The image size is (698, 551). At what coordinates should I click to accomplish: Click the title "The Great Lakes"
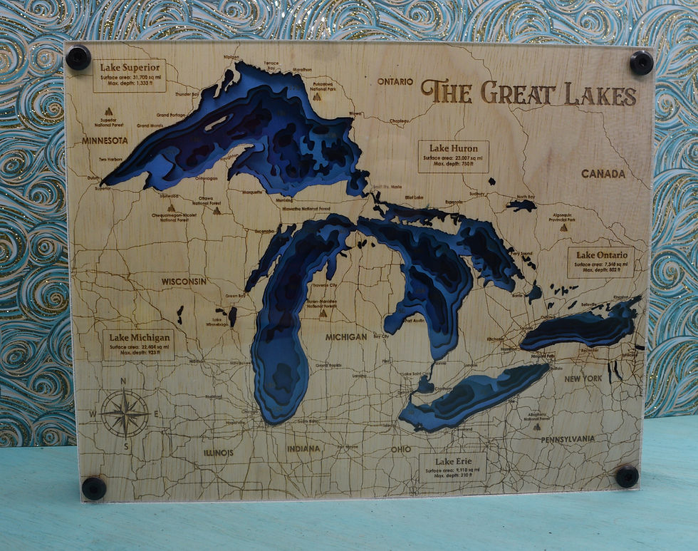pos(528,93)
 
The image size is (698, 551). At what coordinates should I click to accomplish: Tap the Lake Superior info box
pos(129,76)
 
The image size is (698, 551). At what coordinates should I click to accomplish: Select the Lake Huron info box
pos(453,156)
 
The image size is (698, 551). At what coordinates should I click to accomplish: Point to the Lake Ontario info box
pos(601,262)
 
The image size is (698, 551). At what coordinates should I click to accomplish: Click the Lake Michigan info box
pos(139,344)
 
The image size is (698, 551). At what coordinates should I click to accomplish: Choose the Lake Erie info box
pos(452,468)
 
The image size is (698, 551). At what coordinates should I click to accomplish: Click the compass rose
pos(124,413)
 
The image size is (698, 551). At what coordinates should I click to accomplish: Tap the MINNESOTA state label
pos(105,140)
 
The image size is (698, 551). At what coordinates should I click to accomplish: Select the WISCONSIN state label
pos(183,282)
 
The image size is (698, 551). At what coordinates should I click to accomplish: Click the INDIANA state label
pos(303,448)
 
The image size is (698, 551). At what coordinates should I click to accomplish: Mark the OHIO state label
pos(400,449)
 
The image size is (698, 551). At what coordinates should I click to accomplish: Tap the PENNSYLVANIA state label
pos(567,439)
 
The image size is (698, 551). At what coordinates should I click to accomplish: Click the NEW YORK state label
pos(583,379)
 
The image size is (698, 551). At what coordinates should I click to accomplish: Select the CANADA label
pos(603,173)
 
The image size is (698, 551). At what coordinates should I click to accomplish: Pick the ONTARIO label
pos(395,81)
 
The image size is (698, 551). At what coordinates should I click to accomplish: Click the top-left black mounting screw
pos(78,57)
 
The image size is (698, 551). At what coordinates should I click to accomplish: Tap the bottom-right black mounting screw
pos(627,476)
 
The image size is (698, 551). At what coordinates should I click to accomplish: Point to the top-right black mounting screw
pos(641,62)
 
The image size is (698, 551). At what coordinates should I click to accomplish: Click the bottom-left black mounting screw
pos(93,488)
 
